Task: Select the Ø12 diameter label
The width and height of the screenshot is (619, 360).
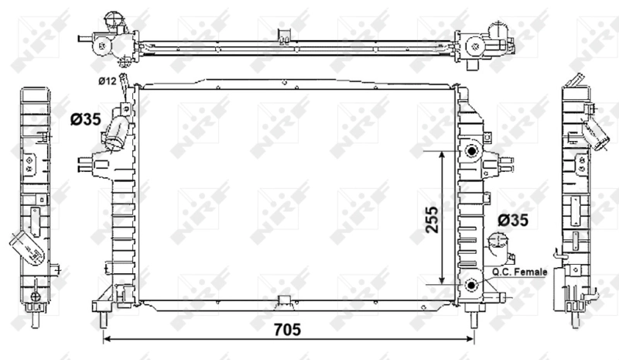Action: [x=107, y=81]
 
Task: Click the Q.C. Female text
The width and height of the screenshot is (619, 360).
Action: [x=518, y=273]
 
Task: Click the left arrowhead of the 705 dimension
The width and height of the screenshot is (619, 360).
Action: [x=107, y=339]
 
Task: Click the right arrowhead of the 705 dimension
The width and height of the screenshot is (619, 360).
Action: [x=470, y=339]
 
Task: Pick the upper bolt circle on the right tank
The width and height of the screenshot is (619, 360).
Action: [x=470, y=150]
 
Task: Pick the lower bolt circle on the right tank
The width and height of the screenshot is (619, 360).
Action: [x=470, y=286]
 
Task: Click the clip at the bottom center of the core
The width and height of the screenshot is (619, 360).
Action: [x=284, y=300]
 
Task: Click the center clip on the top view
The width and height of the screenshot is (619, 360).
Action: [x=286, y=33]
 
